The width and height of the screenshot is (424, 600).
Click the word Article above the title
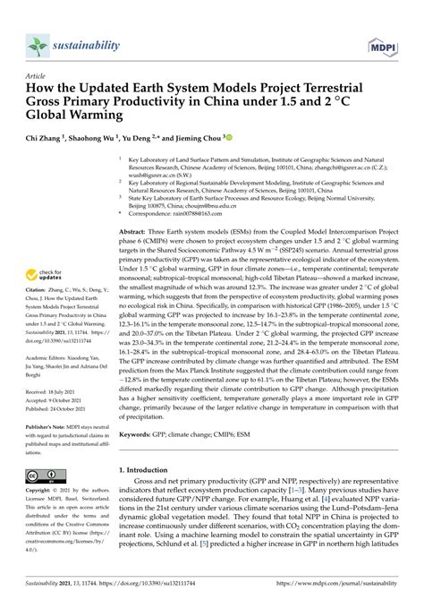(x=38, y=78)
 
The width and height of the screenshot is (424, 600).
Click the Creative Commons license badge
(x=46, y=476)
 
